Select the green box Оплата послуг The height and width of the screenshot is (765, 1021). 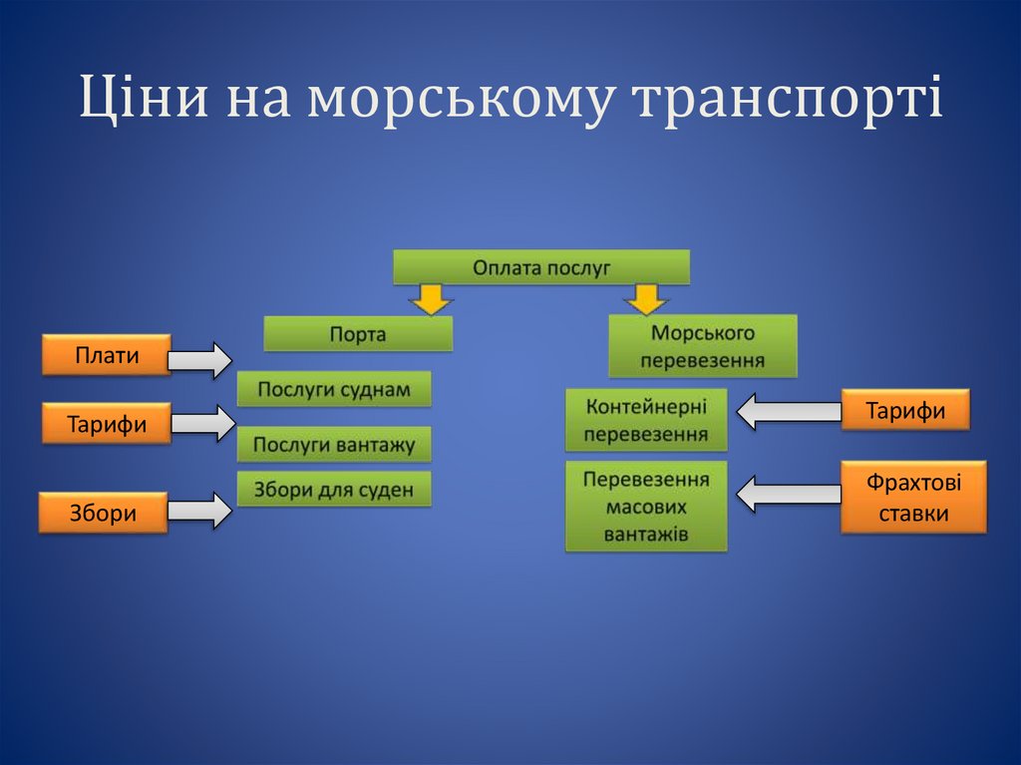point(541,267)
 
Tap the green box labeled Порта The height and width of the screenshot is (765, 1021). point(358,334)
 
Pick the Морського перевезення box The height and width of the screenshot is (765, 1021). point(703,346)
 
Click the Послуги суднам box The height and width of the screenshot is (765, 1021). point(334,389)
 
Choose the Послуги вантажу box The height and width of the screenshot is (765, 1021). point(334,445)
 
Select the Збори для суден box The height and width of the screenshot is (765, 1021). point(334,490)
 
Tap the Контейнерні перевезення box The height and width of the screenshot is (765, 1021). point(646,420)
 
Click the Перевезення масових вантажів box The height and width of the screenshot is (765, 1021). point(646,506)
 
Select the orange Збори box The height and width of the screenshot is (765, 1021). point(103,512)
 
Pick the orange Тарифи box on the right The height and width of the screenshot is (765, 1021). point(905,410)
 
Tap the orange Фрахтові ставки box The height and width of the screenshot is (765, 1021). point(913,497)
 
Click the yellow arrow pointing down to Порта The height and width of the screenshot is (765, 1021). point(431,298)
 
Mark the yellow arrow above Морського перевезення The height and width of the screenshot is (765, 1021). point(647,298)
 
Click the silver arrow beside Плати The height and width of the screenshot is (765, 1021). point(199,359)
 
